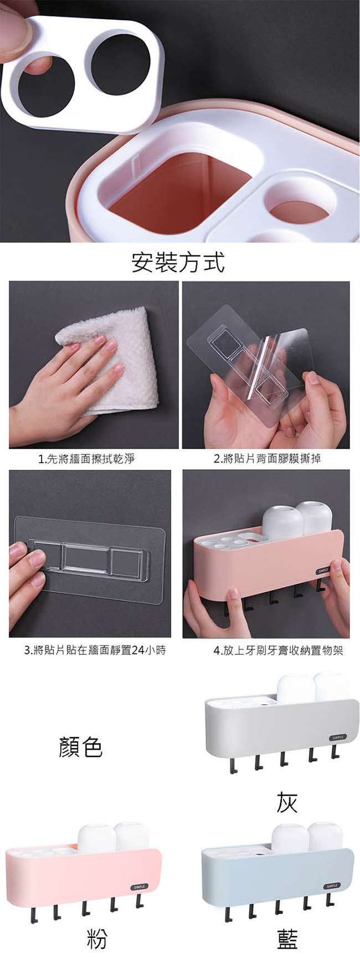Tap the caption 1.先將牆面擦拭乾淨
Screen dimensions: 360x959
[x=86, y=458]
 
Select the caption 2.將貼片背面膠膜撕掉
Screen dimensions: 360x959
[x=268, y=458]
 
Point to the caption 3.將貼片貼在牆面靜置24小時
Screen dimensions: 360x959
[x=95, y=650]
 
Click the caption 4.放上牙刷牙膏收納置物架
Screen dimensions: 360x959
[x=279, y=650]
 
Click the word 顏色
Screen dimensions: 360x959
[x=81, y=747]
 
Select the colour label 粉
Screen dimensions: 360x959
[x=97, y=938]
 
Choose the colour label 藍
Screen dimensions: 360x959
[x=287, y=938]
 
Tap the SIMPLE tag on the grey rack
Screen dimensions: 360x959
[x=338, y=737]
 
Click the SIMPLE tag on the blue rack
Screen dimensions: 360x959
[x=332, y=886]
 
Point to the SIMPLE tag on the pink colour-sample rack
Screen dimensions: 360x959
[x=139, y=886]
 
